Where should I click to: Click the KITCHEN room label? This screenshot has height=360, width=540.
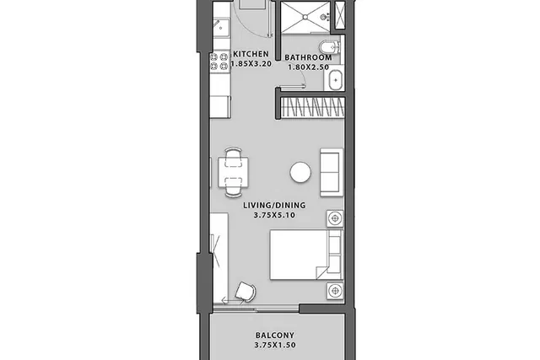[x=251, y=54]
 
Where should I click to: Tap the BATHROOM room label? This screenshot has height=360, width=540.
[x=308, y=57]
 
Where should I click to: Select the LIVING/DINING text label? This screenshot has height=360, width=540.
[x=274, y=206]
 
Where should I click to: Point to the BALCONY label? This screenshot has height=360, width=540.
[x=275, y=336]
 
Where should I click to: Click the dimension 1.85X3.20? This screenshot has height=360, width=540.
[x=251, y=64]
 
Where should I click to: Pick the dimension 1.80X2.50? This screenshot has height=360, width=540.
[x=308, y=67]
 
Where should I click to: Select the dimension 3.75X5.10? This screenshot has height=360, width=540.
[x=274, y=216]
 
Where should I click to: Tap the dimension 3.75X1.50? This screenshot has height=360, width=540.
[x=275, y=345]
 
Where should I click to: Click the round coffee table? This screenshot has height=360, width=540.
[x=300, y=173]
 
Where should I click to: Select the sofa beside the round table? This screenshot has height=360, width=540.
[x=332, y=173]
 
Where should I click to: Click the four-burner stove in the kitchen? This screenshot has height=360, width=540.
[x=219, y=62]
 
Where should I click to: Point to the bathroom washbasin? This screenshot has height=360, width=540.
[x=335, y=80]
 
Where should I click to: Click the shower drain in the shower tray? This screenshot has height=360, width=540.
[x=305, y=16]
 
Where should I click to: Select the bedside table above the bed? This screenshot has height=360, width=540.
[x=335, y=218]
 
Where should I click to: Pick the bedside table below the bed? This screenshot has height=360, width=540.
[x=335, y=291]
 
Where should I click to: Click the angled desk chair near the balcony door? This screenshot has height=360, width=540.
[x=246, y=292]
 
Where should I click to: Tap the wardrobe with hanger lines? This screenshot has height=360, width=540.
[x=312, y=107]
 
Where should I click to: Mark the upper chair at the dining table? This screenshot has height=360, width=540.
[x=233, y=153]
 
